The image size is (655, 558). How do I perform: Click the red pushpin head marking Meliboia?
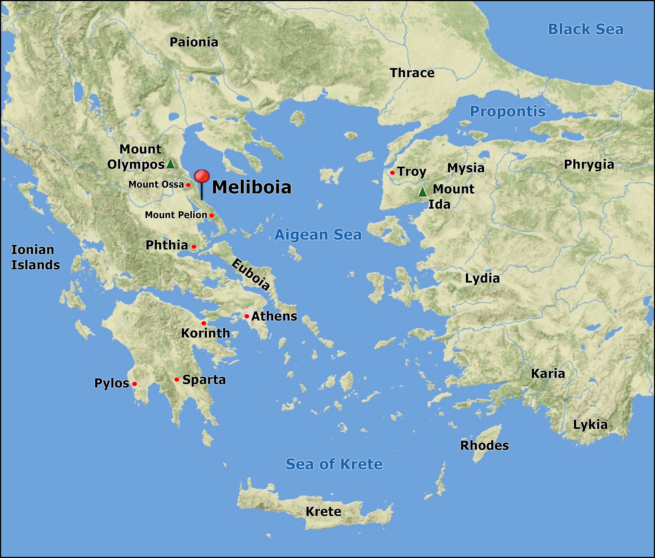(x=202, y=176)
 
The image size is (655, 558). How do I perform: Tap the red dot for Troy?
(x=392, y=173)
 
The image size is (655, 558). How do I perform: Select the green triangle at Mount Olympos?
(x=170, y=164)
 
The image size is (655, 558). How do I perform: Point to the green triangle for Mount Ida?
(x=423, y=192)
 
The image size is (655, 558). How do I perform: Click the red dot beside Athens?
(x=246, y=316)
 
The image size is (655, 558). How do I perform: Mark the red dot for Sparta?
(x=177, y=379)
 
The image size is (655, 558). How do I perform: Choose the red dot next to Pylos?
(x=135, y=384)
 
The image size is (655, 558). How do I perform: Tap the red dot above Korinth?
(x=204, y=323)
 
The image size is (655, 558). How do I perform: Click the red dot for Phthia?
(x=194, y=247)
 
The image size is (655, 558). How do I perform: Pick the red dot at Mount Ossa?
(x=188, y=185)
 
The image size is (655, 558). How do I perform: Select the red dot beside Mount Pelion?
(x=212, y=215)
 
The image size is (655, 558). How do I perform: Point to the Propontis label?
(x=508, y=111)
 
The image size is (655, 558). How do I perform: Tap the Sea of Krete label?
(x=334, y=464)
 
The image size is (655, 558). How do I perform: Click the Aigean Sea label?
(x=318, y=235)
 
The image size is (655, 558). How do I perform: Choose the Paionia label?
(x=194, y=42)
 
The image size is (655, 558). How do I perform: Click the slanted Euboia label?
(x=251, y=274)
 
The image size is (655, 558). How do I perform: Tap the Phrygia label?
(x=589, y=165)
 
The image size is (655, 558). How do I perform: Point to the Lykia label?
(x=590, y=425)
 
